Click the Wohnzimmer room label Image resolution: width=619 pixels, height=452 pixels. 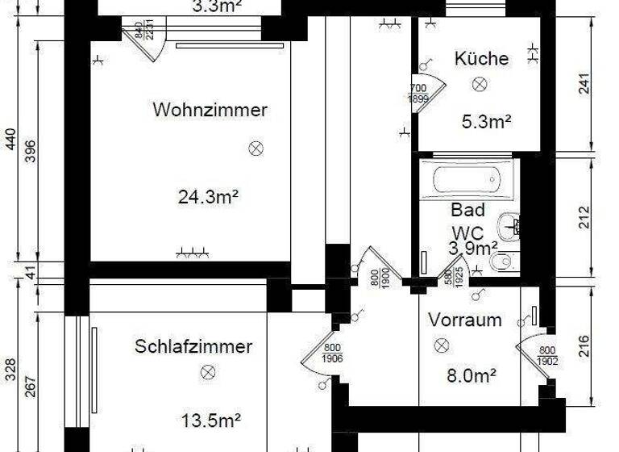tap(210, 110)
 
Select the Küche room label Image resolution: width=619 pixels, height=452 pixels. tap(481, 58)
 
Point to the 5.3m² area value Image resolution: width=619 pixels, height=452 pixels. tap(487, 123)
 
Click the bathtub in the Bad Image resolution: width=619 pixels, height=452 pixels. tap(467, 178)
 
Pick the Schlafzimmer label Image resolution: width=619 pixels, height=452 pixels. tap(193, 346)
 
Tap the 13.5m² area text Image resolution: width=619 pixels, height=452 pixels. tap(211, 421)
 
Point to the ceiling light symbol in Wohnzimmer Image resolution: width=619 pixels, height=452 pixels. tap(256, 148)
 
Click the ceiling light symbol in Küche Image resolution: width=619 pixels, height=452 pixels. tap(481, 83)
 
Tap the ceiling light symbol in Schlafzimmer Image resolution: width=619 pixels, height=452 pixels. tap(208, 372)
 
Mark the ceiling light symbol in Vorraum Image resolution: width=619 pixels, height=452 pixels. tap(441, 345)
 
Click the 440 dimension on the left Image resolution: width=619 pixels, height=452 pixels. tap(10, 141)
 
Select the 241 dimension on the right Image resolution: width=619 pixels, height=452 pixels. tap(585, 84)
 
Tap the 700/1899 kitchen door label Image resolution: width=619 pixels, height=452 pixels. tap(418, 94)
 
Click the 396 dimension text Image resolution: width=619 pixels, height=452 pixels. tap(31, 151)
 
